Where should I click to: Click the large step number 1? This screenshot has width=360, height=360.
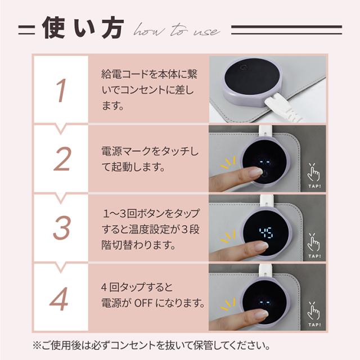61,91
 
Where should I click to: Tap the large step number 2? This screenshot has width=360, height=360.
62,159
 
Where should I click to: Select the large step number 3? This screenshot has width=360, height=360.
61,227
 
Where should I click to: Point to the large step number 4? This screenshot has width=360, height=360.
59,299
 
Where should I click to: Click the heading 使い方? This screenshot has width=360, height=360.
83,28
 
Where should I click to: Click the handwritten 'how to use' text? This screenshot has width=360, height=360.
176,30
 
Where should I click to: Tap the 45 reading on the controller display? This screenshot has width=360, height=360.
266,232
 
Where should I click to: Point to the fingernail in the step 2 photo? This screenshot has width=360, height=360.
256,172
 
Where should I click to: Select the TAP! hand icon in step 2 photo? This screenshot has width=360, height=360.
314,175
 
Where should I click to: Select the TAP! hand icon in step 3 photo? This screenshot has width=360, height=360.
314,246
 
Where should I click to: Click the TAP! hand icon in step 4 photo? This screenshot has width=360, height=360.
314,314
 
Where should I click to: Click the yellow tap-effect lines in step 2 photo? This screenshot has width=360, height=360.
228,163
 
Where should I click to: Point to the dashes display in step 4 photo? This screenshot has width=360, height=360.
265,302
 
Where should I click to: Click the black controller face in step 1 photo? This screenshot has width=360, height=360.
252,75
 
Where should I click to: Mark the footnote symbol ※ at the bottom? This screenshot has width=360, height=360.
37,345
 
